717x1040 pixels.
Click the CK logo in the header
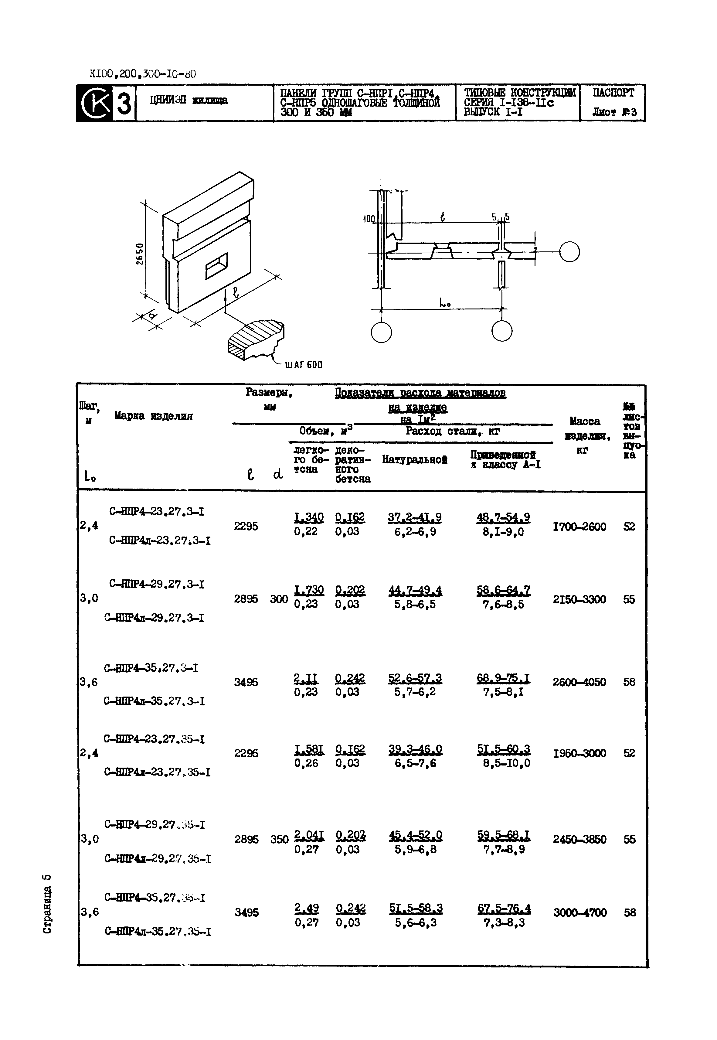[x=95, y=103]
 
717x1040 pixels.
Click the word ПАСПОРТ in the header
[x=613, y=93]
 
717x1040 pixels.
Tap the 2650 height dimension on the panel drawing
[x=140, y=254]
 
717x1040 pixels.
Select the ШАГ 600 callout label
[x=304, y=365]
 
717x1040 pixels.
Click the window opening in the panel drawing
[x=216, y=266]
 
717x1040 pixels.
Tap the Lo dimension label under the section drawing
[x=444, y=304]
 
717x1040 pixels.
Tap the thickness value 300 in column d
[x=279, y=599]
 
